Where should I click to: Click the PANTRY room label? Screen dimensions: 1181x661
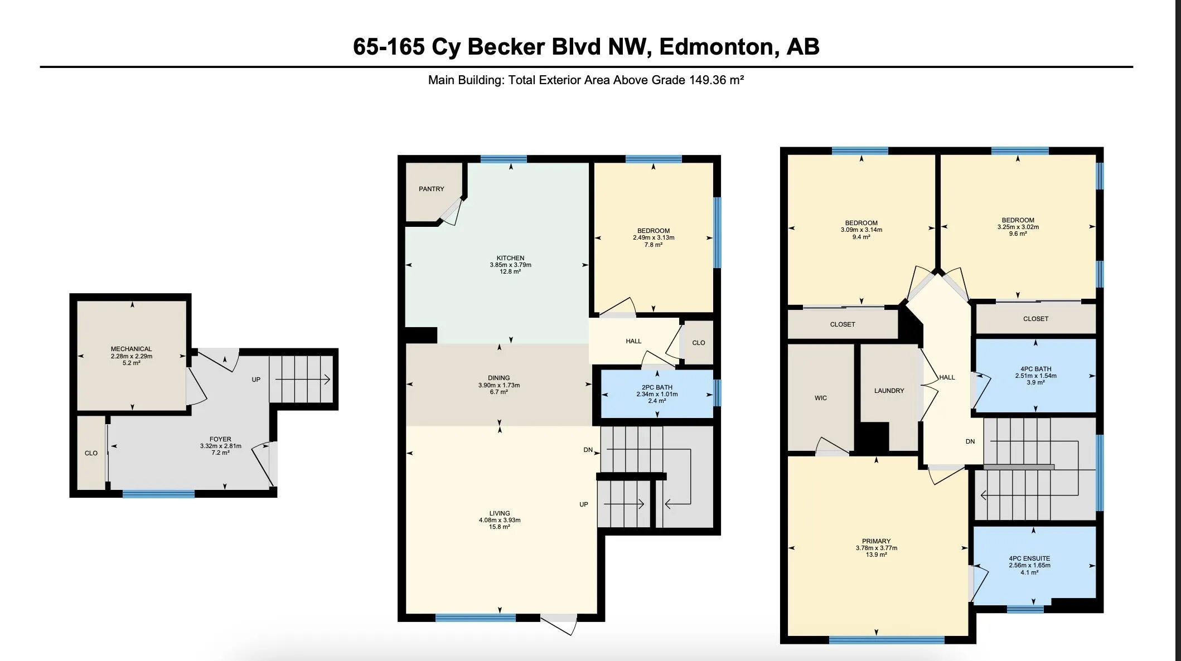432,189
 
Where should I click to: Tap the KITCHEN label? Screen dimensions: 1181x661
510,258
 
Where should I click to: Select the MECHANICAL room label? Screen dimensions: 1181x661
131,349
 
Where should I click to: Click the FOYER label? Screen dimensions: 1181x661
220,439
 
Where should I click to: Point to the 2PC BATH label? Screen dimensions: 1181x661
657,387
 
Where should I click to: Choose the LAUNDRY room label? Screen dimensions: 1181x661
889,391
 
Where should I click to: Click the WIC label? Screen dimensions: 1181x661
820,398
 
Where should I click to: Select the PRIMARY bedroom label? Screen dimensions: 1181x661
876,541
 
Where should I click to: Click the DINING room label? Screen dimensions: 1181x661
498,378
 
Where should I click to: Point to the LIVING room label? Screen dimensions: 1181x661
499,513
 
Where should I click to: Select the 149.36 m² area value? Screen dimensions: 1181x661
717,80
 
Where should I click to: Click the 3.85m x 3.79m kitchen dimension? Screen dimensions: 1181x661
510,265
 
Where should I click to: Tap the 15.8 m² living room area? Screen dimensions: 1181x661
499,527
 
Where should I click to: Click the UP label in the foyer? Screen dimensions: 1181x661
256,380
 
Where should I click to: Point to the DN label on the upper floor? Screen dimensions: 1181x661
970,441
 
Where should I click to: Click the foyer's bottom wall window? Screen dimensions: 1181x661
158,494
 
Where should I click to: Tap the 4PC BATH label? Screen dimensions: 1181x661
1035,369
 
